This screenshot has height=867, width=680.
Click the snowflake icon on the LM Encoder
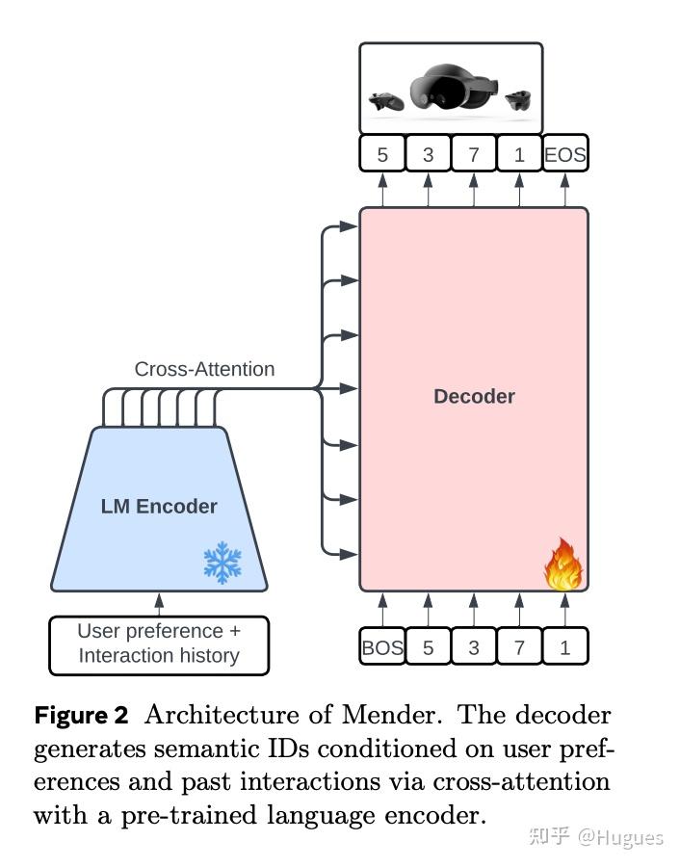(x=222, y=562)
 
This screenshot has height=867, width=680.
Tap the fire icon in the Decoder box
(x=562, y=565)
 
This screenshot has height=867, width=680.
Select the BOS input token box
(x=382, y=647)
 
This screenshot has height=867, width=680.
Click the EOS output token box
(x=564, y=154)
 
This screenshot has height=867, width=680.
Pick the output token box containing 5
(x=382, y=154)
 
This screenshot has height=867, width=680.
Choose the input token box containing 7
(x=519, y=647)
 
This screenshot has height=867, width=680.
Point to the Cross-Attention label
(x=204, y=369)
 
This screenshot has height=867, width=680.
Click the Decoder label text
(x=474, y=396)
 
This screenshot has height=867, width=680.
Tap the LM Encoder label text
(x=159, y=506)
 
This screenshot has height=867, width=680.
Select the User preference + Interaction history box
(x=159, y=644)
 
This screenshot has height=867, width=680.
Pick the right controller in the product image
(x=519, y=98)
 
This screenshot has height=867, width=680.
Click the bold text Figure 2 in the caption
(x=81, y=716)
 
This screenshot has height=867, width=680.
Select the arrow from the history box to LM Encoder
(x=159, y=604)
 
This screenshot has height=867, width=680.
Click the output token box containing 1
(x=519, y=154)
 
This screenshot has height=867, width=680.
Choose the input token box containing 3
(x=473, y=647)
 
